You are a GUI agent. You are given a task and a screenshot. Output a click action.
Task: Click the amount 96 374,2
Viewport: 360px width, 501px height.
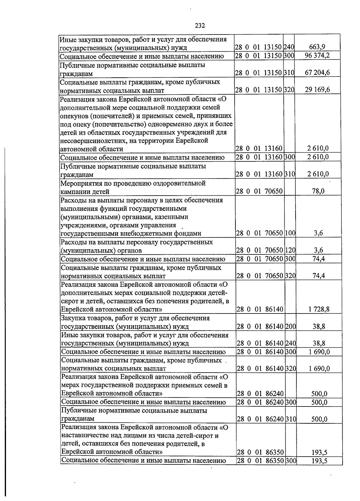[x=317, y=56]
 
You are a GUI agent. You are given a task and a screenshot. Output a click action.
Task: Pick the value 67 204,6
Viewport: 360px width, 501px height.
[x=317, y=73]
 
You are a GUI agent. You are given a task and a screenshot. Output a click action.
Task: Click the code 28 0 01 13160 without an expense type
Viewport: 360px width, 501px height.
[x=259, y=148]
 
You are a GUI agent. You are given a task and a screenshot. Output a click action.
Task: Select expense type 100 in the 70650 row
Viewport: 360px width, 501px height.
[x=290, y=233]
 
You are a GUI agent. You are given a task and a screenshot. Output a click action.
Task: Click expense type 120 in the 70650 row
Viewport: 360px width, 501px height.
[x=290, y=250]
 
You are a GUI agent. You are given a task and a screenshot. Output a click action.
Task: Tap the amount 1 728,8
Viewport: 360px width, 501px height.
[x=319, y=309]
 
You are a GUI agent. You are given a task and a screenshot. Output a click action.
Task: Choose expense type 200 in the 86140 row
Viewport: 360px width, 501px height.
[x=290, y=326]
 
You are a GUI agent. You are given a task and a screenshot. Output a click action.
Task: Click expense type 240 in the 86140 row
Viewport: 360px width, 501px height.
[x=290, y=343]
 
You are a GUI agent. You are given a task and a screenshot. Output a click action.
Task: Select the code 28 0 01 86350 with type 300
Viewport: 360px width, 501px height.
[x=260, y=469]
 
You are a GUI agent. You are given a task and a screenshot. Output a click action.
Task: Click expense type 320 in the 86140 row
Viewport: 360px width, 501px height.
[x=290, y=368]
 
